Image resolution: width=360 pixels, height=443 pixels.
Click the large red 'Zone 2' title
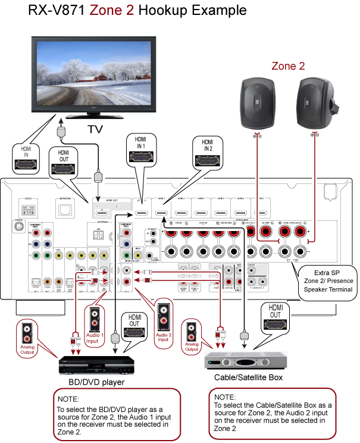[112, 10]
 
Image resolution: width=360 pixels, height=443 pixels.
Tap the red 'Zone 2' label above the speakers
[288, 66]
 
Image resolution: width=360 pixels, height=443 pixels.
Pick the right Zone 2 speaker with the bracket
[315, 102]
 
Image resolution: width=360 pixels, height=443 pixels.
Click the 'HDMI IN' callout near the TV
[26, 157]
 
